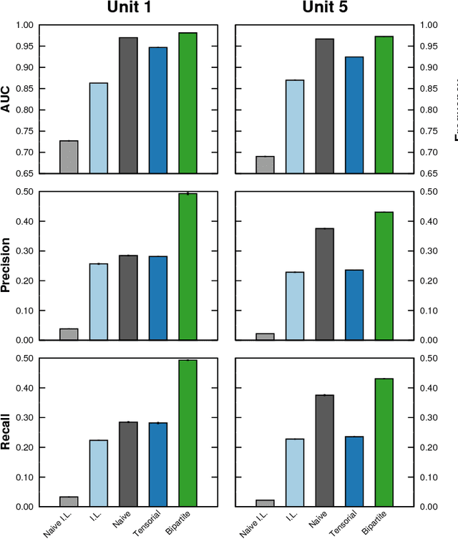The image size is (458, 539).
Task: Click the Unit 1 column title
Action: pyautogui.click(x=128, y=9)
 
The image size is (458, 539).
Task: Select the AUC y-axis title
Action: pyautogui.click(x=6, y=99)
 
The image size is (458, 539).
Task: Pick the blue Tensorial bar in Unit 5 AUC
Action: pyautogui.click(x=354, y=115)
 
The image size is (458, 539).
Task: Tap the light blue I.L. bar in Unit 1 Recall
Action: pyautogui.click(x=99, y=473)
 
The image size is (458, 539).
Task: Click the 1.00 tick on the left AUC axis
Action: pyautogui.click(x=24, y=25)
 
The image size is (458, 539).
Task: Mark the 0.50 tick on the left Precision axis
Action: pyautogui.click(x=24, y=192)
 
